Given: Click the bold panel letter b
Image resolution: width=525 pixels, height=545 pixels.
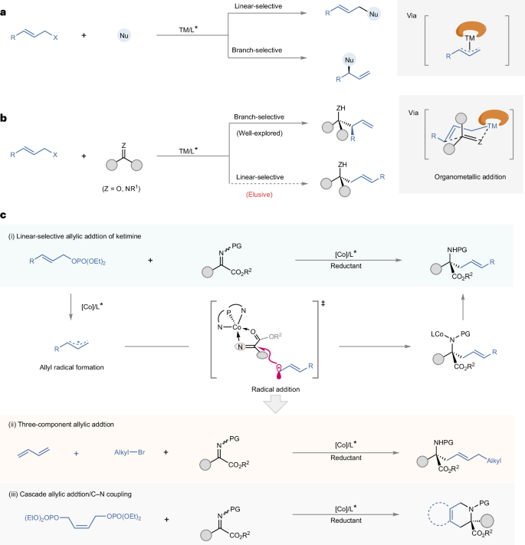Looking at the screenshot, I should point(6,119).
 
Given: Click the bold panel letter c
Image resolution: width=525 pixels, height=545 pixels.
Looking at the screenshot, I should point(5,222).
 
